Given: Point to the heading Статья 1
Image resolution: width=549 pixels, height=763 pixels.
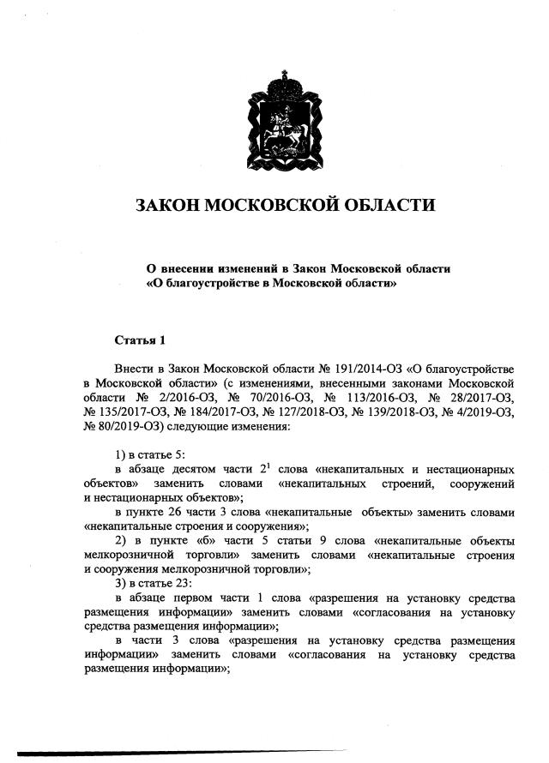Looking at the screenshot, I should click(x=140, y=340).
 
